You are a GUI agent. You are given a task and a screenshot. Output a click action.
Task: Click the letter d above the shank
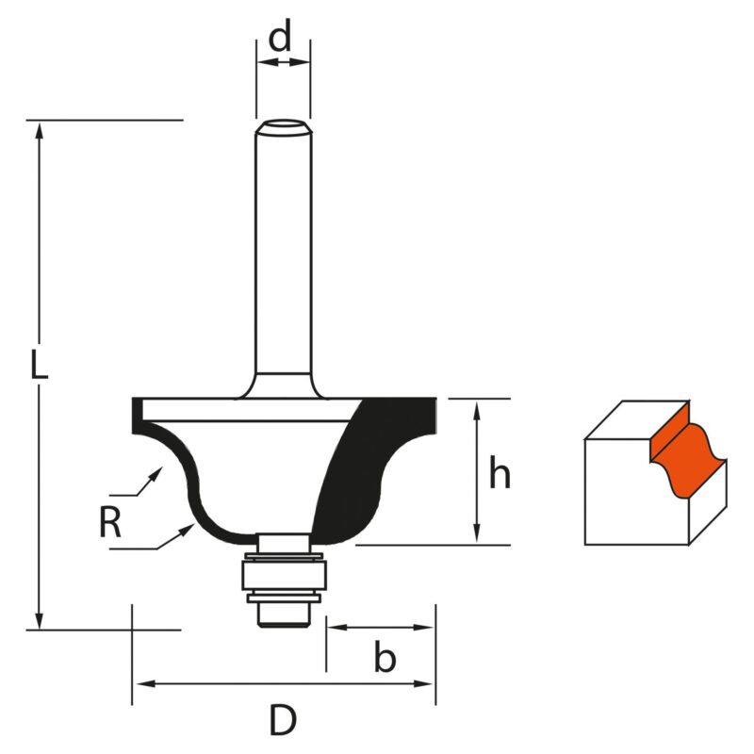pos(280,36)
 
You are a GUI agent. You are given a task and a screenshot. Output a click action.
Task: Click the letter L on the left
pos(39,365)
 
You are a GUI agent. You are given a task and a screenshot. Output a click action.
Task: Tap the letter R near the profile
pos(110,523)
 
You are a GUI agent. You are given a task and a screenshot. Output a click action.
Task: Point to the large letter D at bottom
pos(282,720)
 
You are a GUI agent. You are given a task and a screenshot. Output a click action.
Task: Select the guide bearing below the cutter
pos(285,575)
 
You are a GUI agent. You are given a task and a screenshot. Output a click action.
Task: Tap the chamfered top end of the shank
pos(284,127)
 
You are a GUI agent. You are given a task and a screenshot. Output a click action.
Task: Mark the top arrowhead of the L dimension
pos(40,130)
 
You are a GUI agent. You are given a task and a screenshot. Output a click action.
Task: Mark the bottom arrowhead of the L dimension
pos(40,619)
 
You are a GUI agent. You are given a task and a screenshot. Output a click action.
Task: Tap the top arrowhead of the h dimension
pos(477,411)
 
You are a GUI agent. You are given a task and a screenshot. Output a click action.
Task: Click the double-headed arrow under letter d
pos(284,62)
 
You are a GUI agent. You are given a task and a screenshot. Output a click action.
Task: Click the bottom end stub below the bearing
pos(284,615)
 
